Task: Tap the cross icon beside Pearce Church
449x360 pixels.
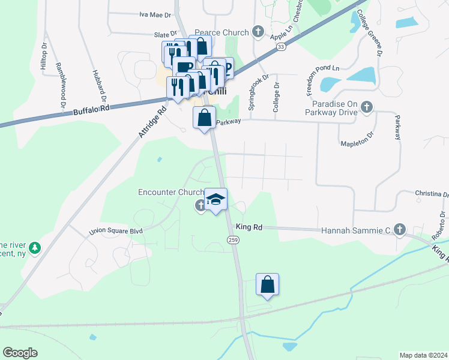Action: [x=258, y=31]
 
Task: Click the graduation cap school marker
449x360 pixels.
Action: [x=216, y=199]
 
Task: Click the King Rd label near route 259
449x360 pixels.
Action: [x=250, y=227]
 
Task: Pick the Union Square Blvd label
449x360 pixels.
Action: [x=115, y=230]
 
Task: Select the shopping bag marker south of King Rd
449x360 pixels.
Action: [x=267, y=285]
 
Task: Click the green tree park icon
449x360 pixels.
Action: [x=35, y=247]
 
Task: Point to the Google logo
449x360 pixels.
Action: [x=20, y=353]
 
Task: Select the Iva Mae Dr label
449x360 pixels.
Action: [x=151, y=14]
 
